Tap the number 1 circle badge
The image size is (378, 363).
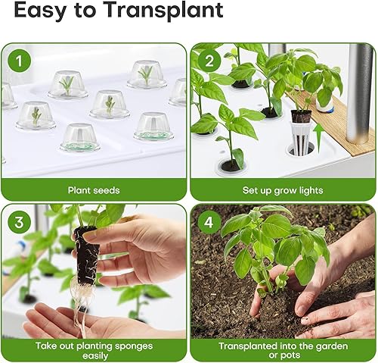point(18,61)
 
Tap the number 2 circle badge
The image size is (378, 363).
point(209,61)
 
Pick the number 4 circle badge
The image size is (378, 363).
point(209,223)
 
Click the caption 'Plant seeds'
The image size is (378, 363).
point(94,190)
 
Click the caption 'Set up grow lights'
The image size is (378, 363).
point(283,190)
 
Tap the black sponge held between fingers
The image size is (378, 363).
point(85,250)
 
